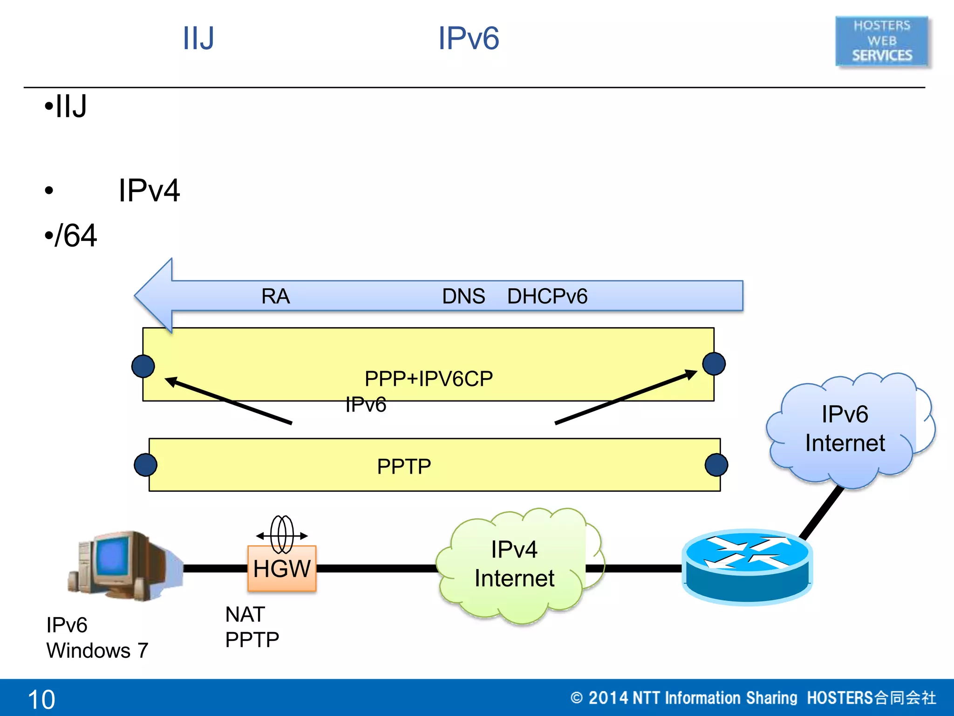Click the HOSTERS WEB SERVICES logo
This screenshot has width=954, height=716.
tap(882, 41)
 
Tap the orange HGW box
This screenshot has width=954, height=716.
tap(282, 569)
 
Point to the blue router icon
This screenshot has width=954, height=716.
tap(747, 566)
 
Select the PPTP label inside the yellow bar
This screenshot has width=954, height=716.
tap(404, 467)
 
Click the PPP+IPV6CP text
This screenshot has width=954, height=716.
tap(429, 379)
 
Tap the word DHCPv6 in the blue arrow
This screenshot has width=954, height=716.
tap(547, 296)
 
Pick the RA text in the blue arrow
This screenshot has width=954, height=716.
tap(275, 296)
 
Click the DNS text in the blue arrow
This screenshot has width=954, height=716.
tap(463, 296)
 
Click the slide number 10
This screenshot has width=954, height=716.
tap(41, 699)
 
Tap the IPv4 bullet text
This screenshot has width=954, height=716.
tap(149, 190)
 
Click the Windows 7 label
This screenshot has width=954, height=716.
tap(97, 650)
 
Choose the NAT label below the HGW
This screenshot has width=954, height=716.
tap(245, 614)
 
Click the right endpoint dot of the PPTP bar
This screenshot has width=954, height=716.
tap(716, 465)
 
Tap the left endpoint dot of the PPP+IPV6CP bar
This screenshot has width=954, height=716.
tap(143, 366)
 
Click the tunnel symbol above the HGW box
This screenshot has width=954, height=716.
tap(282, 534)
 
